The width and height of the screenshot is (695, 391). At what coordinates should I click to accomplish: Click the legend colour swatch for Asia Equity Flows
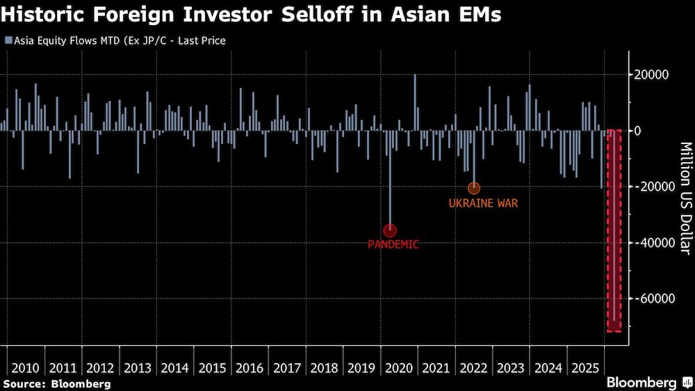(x=7, y=41)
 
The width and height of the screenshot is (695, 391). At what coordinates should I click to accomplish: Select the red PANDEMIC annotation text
(x=393, y=244)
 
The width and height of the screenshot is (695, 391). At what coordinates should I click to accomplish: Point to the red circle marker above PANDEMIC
(x=390, y=230)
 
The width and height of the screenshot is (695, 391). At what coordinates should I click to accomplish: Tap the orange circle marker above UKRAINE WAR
(x=474, y=188)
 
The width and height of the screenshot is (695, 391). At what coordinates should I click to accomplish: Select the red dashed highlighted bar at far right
(x=614, y=230)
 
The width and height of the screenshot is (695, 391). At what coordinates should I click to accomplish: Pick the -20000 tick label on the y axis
(x=655, y=186)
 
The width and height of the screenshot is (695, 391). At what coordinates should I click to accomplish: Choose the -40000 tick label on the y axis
(x=655, y=243)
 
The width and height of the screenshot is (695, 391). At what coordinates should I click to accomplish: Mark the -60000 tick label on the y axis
(x=655, y=298)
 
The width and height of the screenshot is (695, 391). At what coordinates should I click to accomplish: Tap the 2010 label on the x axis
(x=25, y=367)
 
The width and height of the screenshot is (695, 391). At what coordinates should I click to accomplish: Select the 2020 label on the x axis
(x=399, y=367)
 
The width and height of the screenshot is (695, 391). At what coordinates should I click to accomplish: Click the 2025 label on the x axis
(x=586, y=367)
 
